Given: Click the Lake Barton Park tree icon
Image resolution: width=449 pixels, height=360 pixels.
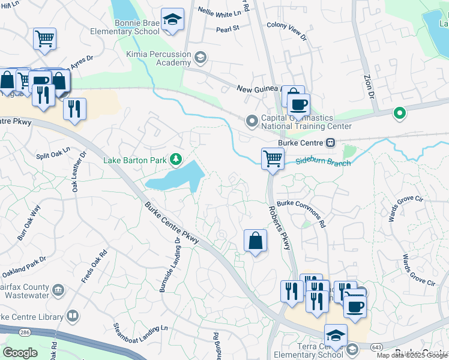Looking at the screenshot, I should pos(176,159).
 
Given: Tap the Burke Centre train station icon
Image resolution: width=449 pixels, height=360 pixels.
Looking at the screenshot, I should pos(330,143).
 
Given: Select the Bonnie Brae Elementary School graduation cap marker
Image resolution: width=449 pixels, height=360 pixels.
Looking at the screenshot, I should pos(172,20).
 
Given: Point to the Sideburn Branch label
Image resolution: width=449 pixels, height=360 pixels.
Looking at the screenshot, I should pos(322,161).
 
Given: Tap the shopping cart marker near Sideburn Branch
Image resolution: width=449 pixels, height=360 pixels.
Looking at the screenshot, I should pos(273,159).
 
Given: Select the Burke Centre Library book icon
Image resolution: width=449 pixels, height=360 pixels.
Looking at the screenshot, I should pos(72,316).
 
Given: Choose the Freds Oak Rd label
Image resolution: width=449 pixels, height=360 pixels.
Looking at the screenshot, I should pos(94,266).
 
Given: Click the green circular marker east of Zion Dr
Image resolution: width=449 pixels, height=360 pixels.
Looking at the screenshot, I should pos(399,113).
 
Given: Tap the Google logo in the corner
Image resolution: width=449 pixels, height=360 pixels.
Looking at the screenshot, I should pos(20,353).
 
